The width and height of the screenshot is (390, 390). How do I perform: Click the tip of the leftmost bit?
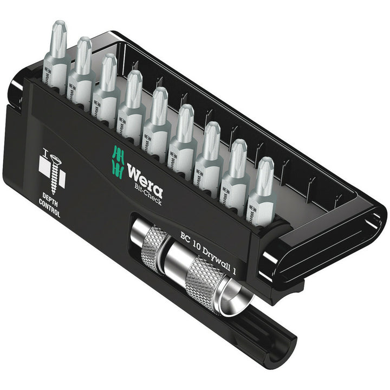pyautogui.click(x=58, y=30)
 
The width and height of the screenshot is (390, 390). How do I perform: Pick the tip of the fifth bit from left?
pyautogui.click(x=159, y=96)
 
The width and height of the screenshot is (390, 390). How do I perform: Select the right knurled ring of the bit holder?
pyautogui.click(x=203, y=282)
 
